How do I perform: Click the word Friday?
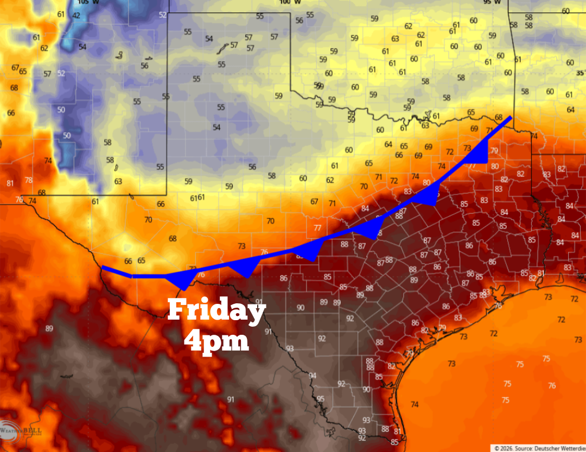tap(216, 311)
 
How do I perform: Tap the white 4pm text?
tap(216, 342)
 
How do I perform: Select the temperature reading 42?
tap(76, 15)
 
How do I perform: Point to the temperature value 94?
tap(313, 375)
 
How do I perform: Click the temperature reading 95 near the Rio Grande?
tap(321, 399)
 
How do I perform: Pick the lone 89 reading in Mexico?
tap(49, 328)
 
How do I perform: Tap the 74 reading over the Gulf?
tap(415, 404)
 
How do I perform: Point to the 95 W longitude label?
tap(491, 2)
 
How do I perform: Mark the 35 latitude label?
tap(580, 73)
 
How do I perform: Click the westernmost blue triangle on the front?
tap(182, 281)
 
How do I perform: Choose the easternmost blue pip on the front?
tap(480, 157)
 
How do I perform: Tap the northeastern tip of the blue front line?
tap(510, 117)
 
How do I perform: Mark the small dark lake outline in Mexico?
tap(67, 375)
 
